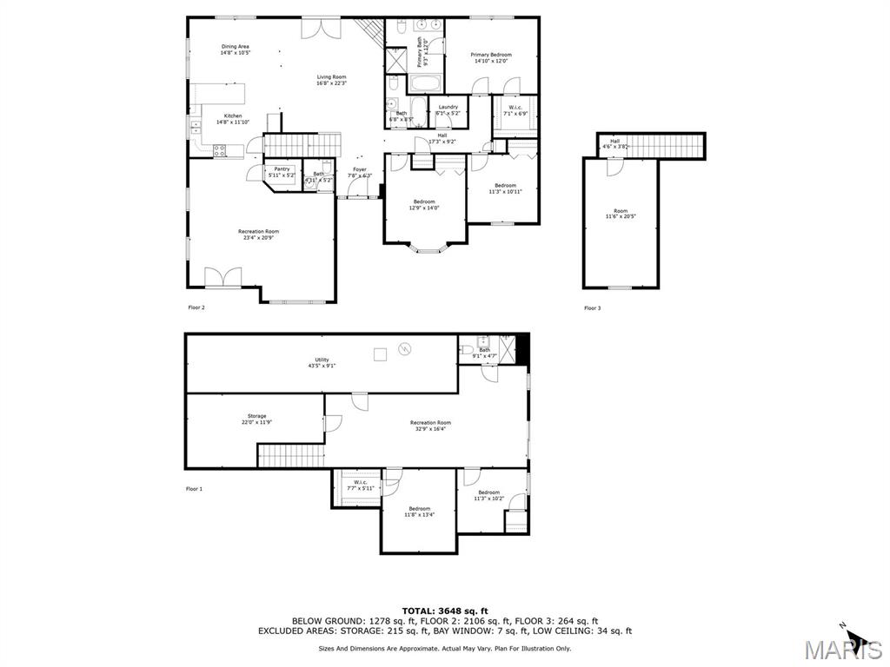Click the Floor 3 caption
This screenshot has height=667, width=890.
click(x=592, y=308)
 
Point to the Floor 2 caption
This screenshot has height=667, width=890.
click(x=196, y=307)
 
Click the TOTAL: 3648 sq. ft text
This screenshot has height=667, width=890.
click(x=444, y=610)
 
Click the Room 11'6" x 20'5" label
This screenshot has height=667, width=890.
click(x=620, y=214)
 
